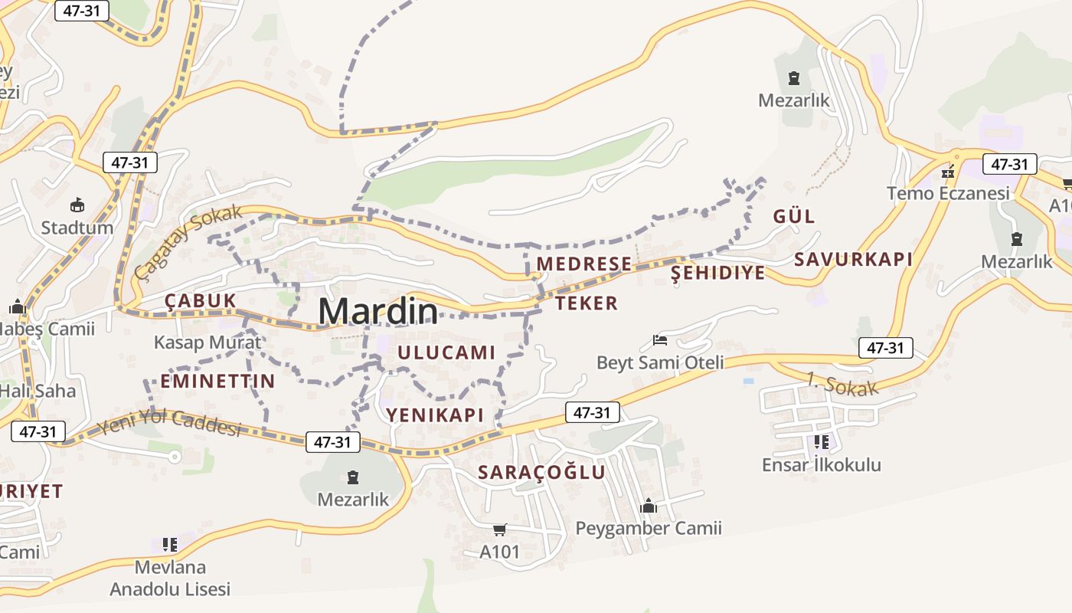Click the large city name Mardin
[378, 312]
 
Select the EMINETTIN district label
[217, 381]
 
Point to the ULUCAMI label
[446, 352]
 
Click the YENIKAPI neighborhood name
[435, 415]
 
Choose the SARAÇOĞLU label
[541, 472]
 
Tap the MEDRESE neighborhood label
[584, 264]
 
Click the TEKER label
[587, 303]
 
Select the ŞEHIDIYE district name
[717, 273]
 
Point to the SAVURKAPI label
[853, 259]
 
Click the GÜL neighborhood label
[794, 216]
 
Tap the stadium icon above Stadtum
[77, 205]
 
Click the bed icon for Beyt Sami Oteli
[660, 340]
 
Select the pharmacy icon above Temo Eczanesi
[948, 172]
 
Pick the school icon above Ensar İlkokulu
[821, 442]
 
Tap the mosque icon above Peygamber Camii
[649, 506]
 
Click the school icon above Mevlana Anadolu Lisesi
[170, 545]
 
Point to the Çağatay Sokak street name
[188, 241]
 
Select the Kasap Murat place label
[208, 343]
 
